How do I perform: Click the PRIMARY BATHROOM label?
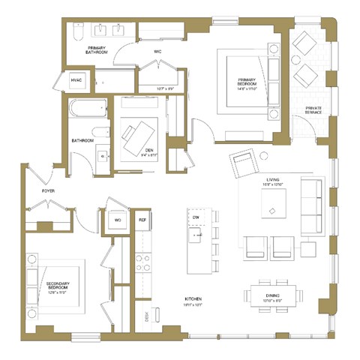coord(95,52)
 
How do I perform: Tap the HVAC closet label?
coord(76,81)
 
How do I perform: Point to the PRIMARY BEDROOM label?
coord(247,83)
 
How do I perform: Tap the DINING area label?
coord(273,296)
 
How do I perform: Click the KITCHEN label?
coord(193,299)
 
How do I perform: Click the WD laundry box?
coord(117,220)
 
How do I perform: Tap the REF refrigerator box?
coord(142,220)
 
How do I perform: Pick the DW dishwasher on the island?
coord(196,217)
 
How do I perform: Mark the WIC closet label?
coord(158,52)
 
